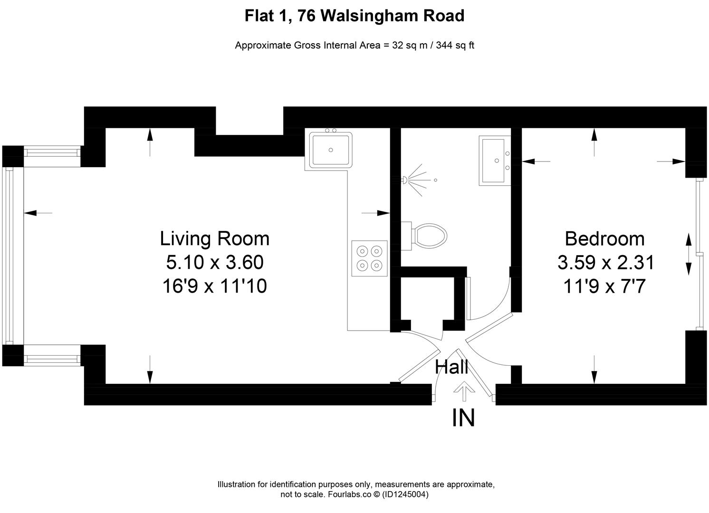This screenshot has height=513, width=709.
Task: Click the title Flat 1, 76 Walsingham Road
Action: (354, 16)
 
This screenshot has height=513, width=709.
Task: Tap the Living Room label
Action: (214, 238)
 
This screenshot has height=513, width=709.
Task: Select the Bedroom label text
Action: (604, 238)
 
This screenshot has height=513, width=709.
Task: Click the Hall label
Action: (451, 367)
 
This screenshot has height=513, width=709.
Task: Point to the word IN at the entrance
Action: (463, 418)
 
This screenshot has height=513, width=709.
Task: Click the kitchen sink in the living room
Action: (331, 150)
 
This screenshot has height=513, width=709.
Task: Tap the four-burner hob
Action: (369, 258)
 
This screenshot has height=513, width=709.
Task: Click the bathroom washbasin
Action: (494, 160)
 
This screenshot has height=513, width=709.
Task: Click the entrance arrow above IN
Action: (463, 392)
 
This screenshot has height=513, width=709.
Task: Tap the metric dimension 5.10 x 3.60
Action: (214, 262)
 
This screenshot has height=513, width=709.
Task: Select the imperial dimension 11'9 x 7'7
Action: (604, 287)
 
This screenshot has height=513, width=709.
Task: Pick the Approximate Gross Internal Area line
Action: (354, 46)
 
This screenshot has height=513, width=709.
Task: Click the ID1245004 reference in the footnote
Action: (406, 494)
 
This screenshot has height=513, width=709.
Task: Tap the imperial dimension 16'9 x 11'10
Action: (214, 287)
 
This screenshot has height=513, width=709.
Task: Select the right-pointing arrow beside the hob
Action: (376, 213)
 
